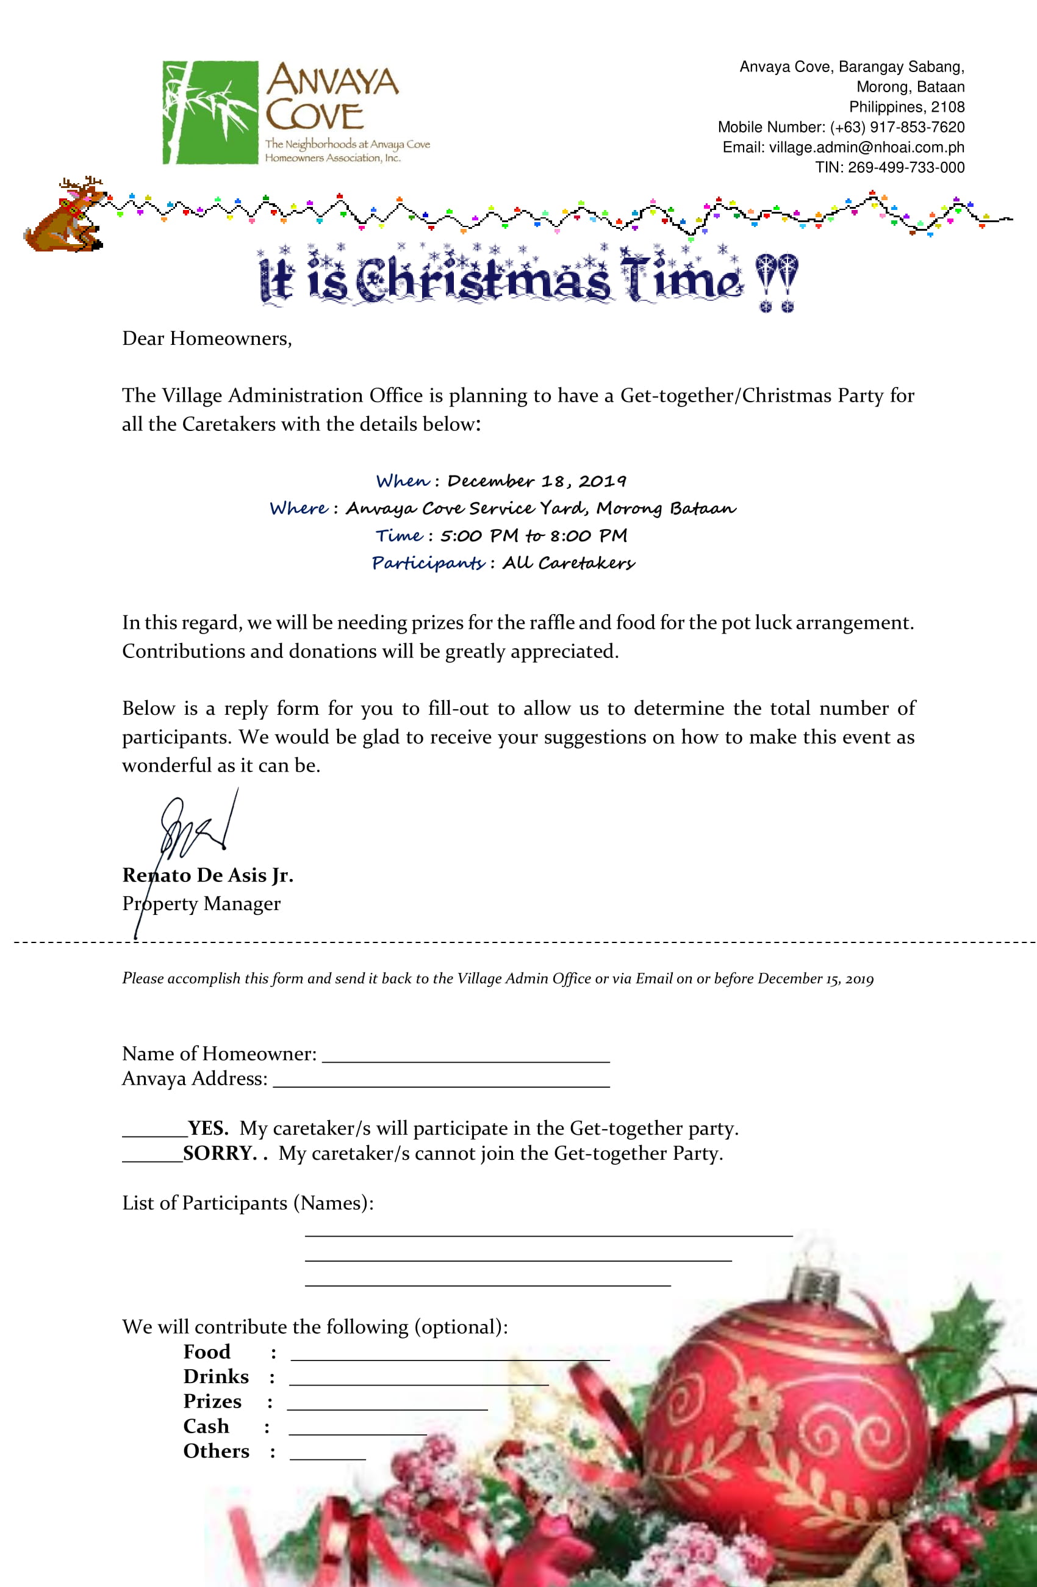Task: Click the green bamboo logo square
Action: click(x=210, y=112)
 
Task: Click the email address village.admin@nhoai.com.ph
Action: click(x=866, y=147)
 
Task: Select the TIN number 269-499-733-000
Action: click(x=906, y=167)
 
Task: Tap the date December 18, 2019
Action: click(x=536, y=482)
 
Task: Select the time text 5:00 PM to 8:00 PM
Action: click(x=533, y=536)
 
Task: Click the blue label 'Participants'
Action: click(x=428, y=563)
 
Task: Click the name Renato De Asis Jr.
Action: click(x=207, y=875)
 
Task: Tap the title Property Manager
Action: click(x=201, y=904)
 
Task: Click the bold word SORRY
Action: click(x=219, y=1154)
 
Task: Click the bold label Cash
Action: click(x=206, y=1426)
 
